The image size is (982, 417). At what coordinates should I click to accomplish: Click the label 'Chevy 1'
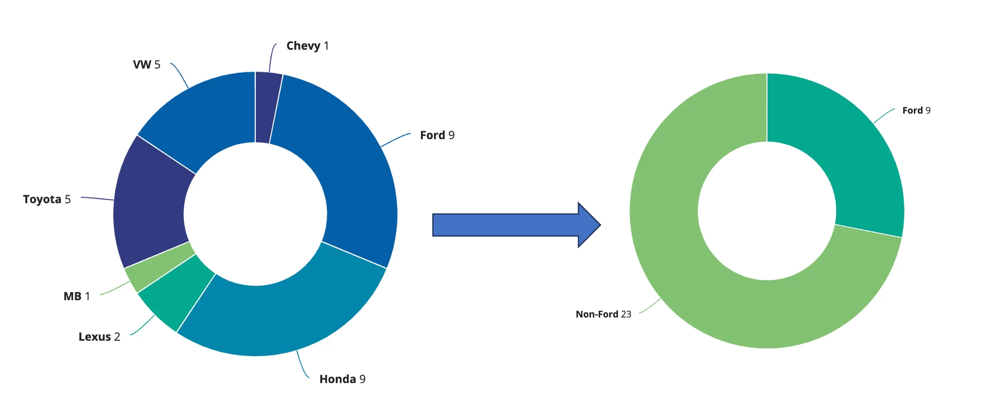click(307, 46)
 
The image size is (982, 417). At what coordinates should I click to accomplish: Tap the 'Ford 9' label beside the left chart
click(437, 135)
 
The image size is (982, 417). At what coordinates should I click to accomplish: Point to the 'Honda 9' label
click(342, 379)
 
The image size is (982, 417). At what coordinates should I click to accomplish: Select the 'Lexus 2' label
click(99, 337)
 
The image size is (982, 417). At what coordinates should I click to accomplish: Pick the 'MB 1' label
click(77, 296)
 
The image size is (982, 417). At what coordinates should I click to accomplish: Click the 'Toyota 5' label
click(47, 200)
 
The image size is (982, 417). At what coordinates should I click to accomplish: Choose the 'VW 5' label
click(146, 65)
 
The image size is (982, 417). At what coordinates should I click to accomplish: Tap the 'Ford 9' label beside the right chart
click(917, 111)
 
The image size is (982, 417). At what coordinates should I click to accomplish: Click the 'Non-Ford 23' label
click(603, 314)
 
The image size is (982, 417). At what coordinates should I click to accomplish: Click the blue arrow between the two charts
click(517, 225)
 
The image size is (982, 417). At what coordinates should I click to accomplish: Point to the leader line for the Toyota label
click(97, 198)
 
